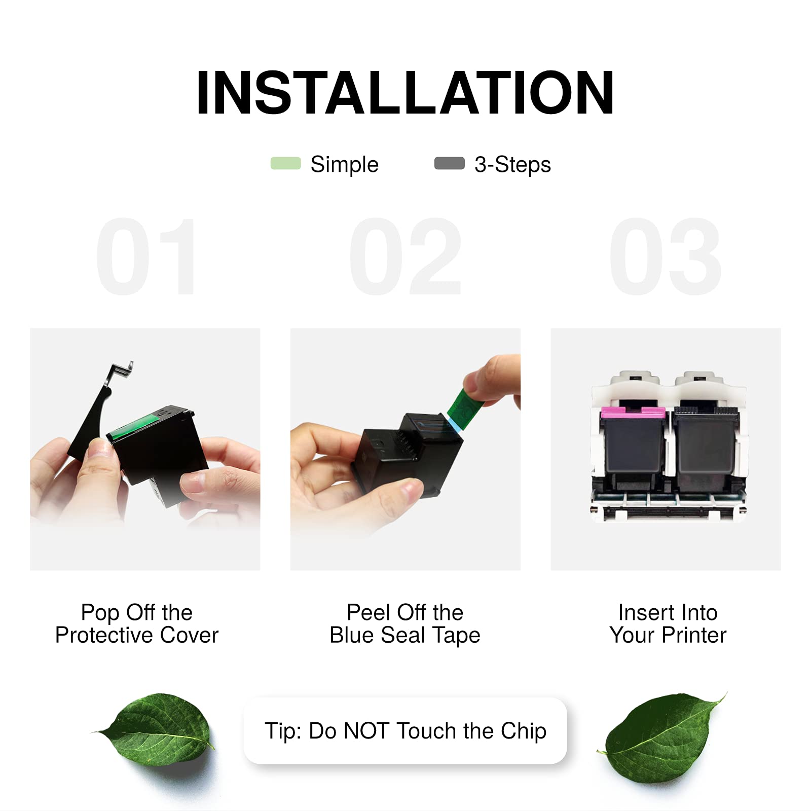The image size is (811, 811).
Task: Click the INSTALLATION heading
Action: pos(405,93)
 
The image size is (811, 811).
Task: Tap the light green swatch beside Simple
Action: pos(286,163)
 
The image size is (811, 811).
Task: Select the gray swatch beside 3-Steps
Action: pos(450,163)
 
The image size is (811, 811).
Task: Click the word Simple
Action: pos(345,165)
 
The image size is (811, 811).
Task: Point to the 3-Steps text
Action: pos(512,165)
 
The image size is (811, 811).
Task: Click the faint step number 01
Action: pos(146,256)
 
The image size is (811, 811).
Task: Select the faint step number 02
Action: pos(405,256)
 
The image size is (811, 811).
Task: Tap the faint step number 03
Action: pos(666,256)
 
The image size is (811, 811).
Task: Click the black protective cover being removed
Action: pos(99,411)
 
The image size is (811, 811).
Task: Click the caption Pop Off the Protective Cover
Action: pos(137,623)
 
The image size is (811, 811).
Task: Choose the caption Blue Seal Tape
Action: pos(405,635)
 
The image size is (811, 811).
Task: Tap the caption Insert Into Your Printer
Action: pos(668,623)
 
